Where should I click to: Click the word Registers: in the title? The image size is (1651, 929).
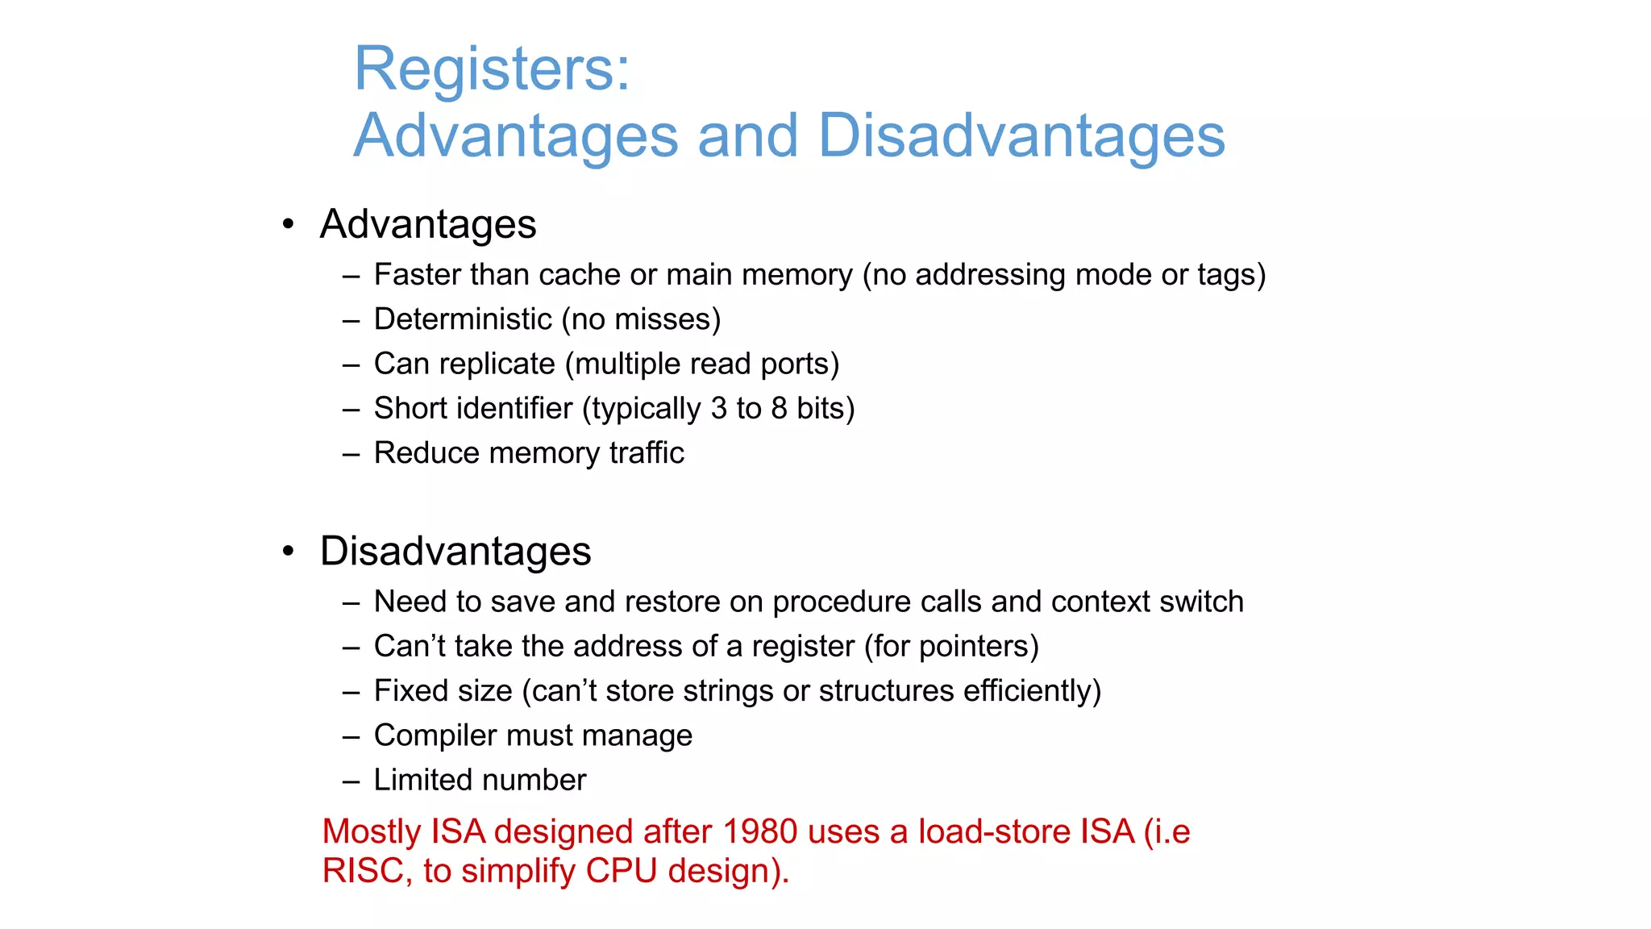click(x=492, y=69)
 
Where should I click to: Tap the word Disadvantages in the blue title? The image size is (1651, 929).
click(x=1021, y=135)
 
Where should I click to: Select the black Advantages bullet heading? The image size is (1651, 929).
click(x=428, y=224)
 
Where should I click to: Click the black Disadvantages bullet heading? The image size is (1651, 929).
click(x=455, y=552)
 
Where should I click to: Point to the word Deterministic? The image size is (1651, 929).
click(x=463, y=319)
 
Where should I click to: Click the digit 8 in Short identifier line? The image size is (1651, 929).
click(x=778, y=409)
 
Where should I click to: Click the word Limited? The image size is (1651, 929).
click(x=423, y=780)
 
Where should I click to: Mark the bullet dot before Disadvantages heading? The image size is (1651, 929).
click(x=288, y=552)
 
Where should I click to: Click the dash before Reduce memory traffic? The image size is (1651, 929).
click(x=350, y=454)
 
